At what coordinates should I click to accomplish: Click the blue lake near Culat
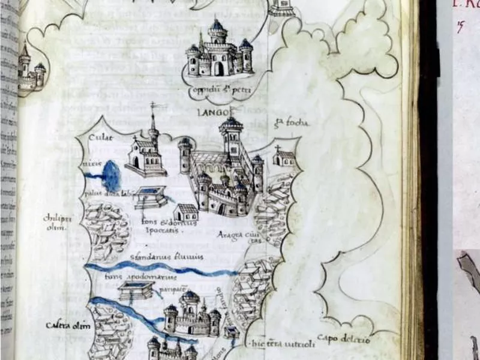click(x=111, y=176)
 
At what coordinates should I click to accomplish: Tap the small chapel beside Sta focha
click(x=283, y=157)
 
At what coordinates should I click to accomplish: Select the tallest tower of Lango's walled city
click(x=231, y=135)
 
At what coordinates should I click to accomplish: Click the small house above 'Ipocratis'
click(x=185, y=211)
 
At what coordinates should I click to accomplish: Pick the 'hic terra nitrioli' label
click(x=277, y=344)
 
